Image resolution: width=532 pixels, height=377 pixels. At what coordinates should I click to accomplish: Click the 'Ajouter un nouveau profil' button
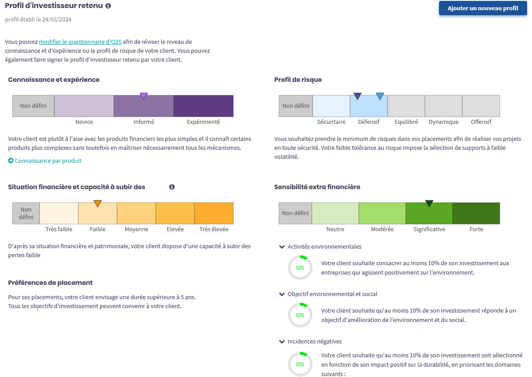[483, 8]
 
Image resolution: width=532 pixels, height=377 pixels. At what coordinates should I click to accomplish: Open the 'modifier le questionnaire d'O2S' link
[80, 42]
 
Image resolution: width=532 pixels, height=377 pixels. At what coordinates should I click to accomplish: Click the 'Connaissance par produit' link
[48, 161]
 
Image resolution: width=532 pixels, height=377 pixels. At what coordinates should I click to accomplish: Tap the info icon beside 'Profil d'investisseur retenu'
[108, 6]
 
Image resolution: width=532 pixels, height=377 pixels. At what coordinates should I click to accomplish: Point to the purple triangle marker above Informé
[144, 96]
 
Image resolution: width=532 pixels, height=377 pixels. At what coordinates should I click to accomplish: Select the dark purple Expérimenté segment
[203, 106]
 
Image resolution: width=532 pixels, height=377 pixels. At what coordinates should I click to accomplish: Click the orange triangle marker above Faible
[98, 203]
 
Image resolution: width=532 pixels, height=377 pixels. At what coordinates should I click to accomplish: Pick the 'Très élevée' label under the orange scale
[214, 229]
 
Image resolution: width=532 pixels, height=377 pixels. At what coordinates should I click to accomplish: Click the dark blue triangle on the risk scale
[357, 96]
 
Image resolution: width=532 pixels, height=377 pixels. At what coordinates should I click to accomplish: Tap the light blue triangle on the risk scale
[380, 96]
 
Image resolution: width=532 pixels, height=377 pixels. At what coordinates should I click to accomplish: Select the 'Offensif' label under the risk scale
[481, 122]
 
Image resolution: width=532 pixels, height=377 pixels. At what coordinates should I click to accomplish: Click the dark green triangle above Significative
[429, 203]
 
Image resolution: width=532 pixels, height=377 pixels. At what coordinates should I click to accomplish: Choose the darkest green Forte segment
[476, 213]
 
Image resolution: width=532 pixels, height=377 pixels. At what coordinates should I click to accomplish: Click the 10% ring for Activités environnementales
[300, 268]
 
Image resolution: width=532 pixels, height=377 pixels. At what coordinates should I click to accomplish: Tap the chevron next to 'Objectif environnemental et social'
[282, 294]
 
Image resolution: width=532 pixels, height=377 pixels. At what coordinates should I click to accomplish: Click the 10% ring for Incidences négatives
[300, 364]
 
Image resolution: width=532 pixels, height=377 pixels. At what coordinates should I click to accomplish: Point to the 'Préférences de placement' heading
[51, 283]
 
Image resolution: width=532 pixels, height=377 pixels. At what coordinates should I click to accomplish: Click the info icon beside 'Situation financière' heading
[172, 187]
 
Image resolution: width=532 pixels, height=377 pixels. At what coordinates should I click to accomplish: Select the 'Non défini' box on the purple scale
[33, 106]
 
